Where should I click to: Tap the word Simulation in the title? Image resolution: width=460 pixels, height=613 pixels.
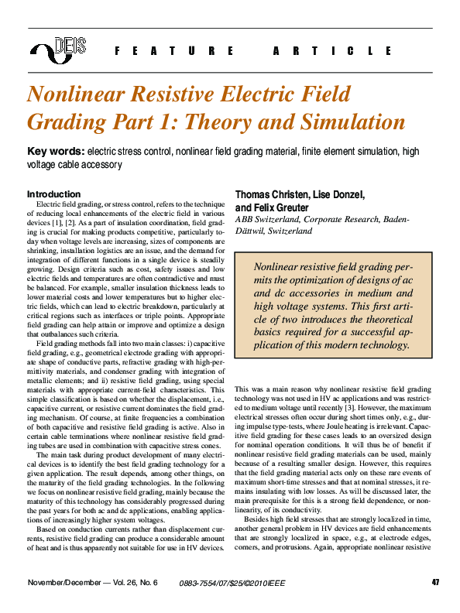[x=355, y=122]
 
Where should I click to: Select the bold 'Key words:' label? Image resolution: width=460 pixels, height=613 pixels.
[x=56, y=151]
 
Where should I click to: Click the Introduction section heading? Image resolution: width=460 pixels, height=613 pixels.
[x=53, y=194]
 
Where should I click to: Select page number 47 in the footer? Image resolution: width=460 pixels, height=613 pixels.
[x=436, y=582]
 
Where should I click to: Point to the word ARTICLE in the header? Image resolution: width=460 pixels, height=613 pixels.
[x=333, y=51]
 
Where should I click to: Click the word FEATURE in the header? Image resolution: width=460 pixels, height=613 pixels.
[x=173, y=51]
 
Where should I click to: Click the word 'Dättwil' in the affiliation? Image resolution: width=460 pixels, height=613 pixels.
[x=252, y=231]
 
